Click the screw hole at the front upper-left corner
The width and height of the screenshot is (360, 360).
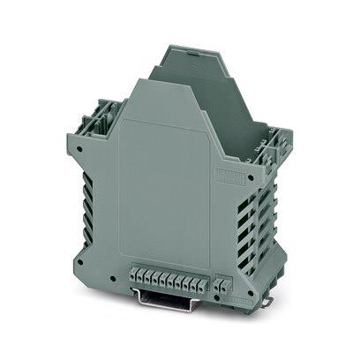pos(81,150)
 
